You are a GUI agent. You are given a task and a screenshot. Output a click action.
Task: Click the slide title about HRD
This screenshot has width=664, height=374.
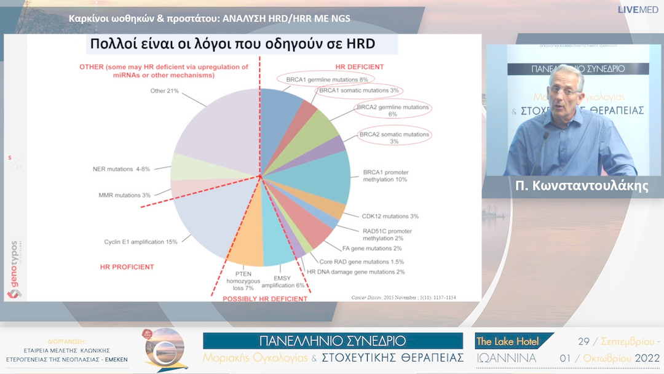click(x=232, y=44)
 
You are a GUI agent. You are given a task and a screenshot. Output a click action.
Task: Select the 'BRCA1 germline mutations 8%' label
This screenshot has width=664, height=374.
click(x=322, y=79)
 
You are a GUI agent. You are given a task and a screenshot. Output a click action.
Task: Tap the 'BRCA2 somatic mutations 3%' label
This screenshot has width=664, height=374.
click(x=395, y=138)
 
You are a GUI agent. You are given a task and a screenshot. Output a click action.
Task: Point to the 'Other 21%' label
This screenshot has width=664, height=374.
click(x=164, y=91)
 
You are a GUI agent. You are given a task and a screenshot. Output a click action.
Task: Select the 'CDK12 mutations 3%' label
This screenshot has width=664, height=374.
click(x=390, y=216)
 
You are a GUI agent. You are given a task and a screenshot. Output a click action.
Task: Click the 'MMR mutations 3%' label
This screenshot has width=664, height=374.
click(x=124, y=195)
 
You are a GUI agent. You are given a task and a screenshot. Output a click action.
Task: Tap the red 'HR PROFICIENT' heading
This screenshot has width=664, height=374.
click(x=127, y=267)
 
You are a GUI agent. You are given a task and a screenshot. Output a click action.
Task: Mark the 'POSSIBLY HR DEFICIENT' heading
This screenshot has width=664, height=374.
click(x=264, y=298)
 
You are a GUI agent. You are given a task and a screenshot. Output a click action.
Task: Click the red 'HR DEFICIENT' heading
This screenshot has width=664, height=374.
click(x=359, y=66)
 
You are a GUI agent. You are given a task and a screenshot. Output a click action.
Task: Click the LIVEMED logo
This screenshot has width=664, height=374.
click(x=639, y=9)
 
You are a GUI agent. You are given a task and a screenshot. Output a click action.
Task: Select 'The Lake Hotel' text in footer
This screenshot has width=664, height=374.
click(x=507, y=341)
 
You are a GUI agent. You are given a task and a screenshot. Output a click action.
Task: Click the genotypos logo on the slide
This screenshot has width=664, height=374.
click(x=14, y=269)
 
